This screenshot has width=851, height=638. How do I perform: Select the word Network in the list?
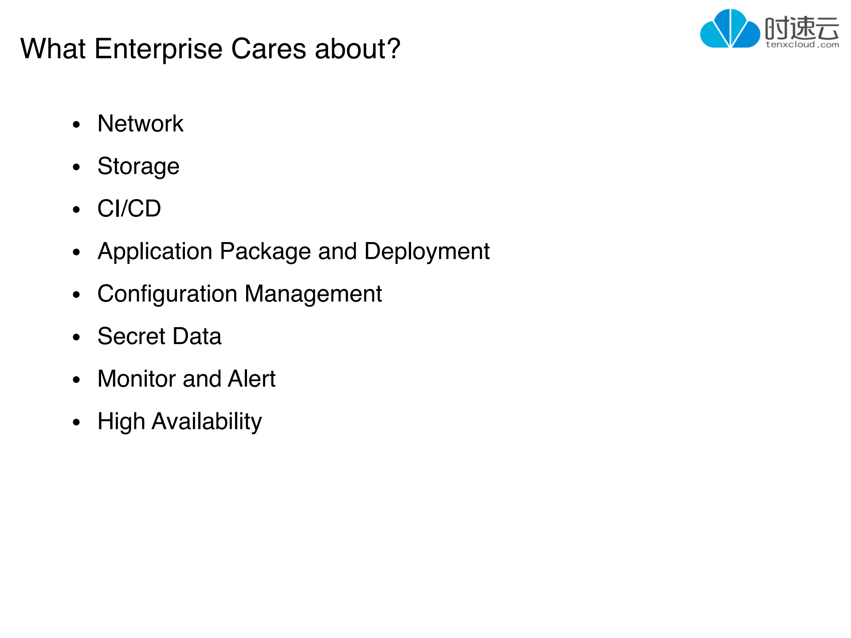[x=140, y=123]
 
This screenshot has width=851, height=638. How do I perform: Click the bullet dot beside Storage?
[x=77, y=167]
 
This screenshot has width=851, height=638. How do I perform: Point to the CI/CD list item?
[x=129, y=208]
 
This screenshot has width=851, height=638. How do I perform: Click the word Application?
[x=155, y=252]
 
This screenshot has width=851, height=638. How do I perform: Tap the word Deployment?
[x=427, y=252]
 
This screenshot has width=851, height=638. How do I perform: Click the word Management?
[x=313, y=294]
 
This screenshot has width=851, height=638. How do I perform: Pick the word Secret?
[x=132, y=336]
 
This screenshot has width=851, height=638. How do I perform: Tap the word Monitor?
[x=137, y=379]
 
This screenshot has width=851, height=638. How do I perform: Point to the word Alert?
[x=252, y=379]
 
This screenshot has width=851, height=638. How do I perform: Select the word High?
[x=121, y=422]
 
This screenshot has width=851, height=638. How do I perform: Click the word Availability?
[x=207, y=422]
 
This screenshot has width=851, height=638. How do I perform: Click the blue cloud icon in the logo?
[x=730, y=28]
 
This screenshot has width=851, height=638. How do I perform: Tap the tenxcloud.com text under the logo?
[x=802, y=44]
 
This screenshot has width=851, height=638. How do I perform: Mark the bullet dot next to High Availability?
[x=77, y=423]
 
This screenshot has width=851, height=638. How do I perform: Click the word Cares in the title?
[x=269, y=49]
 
